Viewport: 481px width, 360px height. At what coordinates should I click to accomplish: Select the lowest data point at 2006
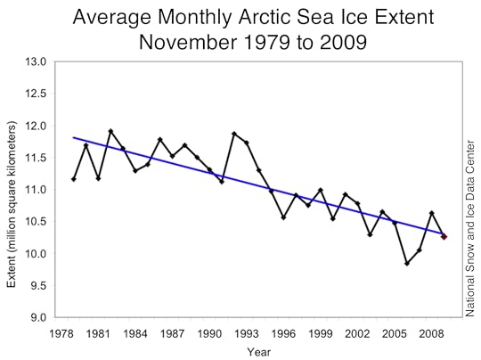click(x=407, y=263)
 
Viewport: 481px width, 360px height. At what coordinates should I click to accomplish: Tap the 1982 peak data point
click(x=110, y=131)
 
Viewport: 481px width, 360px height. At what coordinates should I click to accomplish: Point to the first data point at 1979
click(x=74, y=179)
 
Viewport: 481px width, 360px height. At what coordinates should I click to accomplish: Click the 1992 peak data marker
click(x=234, y=134)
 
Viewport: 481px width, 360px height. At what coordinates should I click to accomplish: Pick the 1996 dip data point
click(x=283, y=217)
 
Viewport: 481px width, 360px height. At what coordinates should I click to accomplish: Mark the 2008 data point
click(x=432, y=213)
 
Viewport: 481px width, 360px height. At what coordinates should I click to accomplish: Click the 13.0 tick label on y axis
click(x=35, y=61)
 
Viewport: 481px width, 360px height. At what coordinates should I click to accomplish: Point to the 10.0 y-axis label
click(x=35, y=254)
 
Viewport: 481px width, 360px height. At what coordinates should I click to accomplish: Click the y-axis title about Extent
click(x=12, y=190)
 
